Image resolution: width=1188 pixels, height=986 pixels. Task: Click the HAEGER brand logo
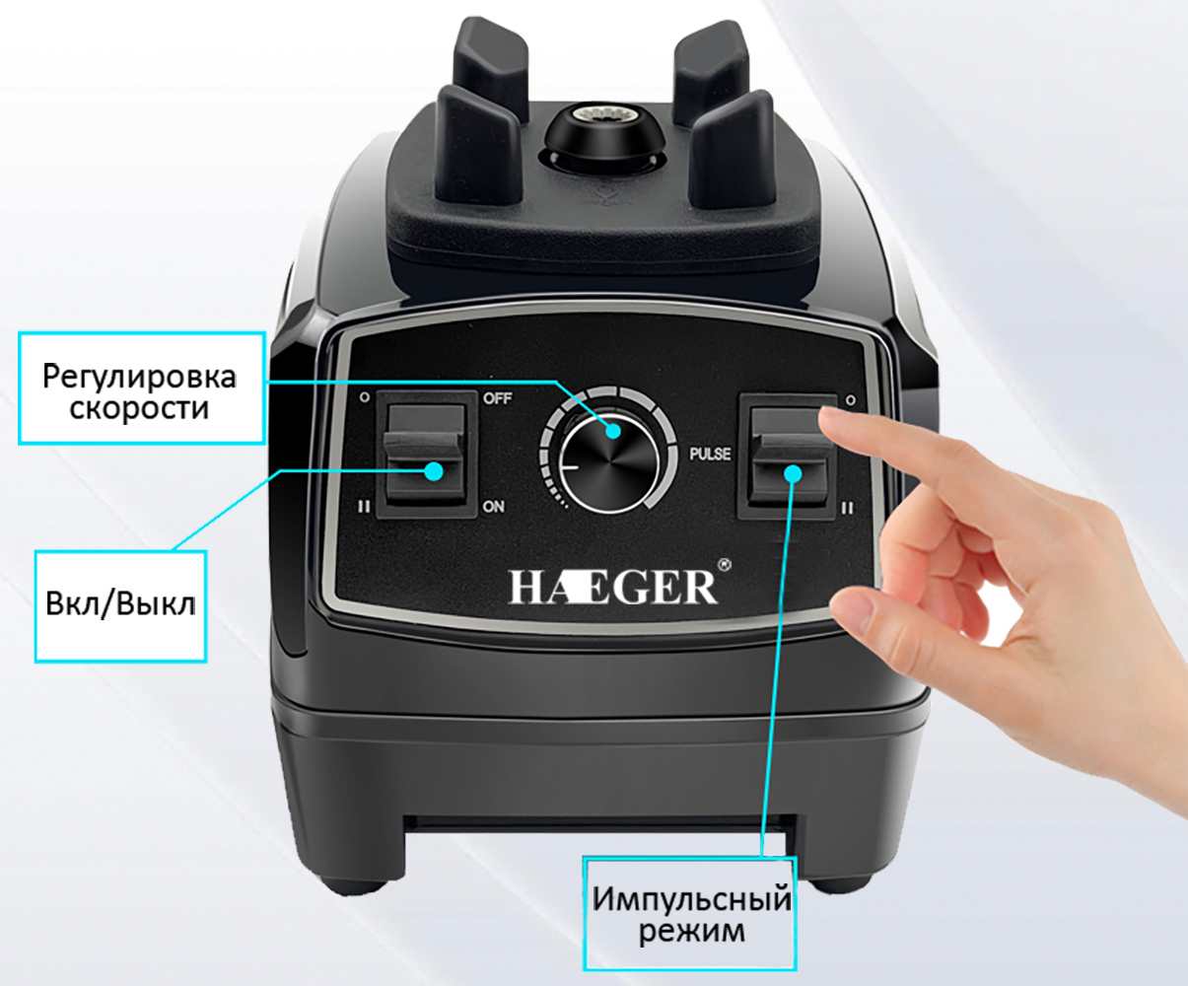click(x=613, y=587)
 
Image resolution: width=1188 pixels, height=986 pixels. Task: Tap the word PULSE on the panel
click(x=710, y=454)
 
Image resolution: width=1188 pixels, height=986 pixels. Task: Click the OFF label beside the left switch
click(x=497, y=398)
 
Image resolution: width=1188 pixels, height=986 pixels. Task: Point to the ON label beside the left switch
click(x=493, y=507)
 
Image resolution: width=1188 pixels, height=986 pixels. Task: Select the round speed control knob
click(x=609, y=464)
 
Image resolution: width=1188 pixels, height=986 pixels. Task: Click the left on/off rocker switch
click(x=426, y=455)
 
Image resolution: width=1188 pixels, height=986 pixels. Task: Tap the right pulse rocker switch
click(x=789, y=457)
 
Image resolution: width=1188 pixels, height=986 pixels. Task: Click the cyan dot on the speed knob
click(x=613, y=431)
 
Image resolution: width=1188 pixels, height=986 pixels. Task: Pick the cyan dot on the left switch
click(x=435, y=471)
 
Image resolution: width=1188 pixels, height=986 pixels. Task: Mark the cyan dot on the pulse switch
click(x=793, y=473)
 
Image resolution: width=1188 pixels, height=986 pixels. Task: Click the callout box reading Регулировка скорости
click(x=142, y=388)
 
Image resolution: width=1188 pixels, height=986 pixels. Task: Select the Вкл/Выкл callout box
click(x=120, y=606)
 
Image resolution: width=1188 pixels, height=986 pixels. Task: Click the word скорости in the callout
click(x=139, y=408)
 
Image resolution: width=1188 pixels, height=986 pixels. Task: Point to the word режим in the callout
click(x=691, y=932)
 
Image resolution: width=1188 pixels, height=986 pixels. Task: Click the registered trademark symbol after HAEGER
click(x=725, y=564)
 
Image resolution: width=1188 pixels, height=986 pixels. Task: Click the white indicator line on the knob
click(x=571, y=466)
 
